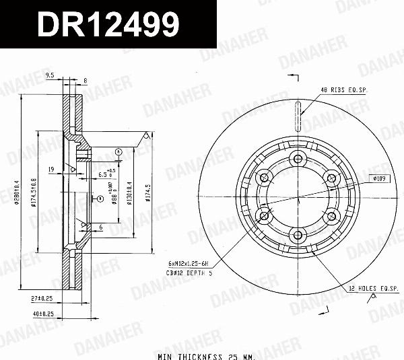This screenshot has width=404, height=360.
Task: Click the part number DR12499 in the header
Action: pos(108,26)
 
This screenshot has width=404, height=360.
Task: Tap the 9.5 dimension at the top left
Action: pos(49,75)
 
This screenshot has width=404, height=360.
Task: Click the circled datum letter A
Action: pos(119,153)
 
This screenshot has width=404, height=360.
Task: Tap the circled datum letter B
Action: pos(99,199)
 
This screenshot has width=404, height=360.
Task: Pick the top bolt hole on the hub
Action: pos(296,159)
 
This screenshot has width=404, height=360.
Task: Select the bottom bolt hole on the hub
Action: pos(296,234)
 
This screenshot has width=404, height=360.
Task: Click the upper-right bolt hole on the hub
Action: pos(329,177)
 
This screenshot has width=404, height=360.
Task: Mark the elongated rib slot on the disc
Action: pos(296,116)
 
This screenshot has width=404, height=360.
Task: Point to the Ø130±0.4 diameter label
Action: pos(129,195)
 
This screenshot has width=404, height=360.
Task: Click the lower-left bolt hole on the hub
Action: pos(263,215)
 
